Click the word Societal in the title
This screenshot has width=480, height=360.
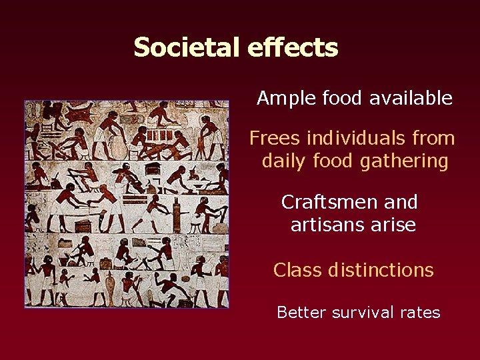(187, 47)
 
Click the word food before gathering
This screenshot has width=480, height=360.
(338, 161)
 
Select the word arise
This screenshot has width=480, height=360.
(394, 225)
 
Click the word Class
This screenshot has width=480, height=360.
(297, 270)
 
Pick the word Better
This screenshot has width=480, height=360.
(299, 312)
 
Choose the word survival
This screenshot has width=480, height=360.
(361, 312)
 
